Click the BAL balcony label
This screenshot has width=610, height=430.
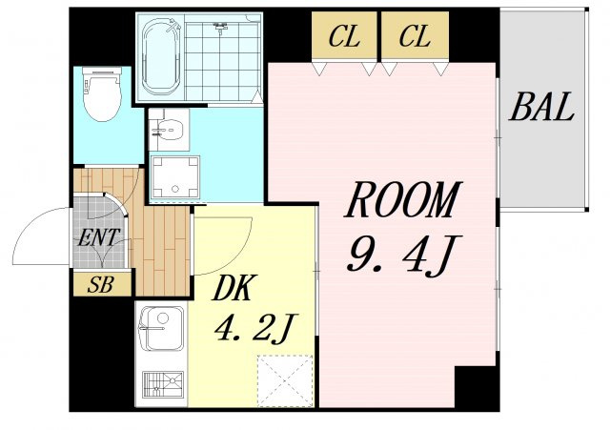click(541, 106)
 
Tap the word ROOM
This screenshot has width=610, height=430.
click(403, 199)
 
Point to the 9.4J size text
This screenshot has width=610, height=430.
click(403, 254)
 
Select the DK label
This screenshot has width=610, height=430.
click(234, 288)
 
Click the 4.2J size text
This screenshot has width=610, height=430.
click(255, 329)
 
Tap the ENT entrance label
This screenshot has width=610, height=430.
click(99, 237)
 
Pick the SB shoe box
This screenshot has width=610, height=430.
click(102, 283)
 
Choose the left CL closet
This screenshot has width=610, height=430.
click(344, 36)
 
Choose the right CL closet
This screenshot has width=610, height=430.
click(415, 36)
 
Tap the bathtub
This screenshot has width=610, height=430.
click(162, 57)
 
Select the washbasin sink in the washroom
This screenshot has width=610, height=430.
click(170, 130)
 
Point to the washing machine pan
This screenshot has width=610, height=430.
click(175, 177)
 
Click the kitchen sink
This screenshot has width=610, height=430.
click(161, 328)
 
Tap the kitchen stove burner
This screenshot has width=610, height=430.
click(163, 384)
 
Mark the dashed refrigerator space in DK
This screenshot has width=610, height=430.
click(286, 381)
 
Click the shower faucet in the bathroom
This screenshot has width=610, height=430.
click(220, 28)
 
